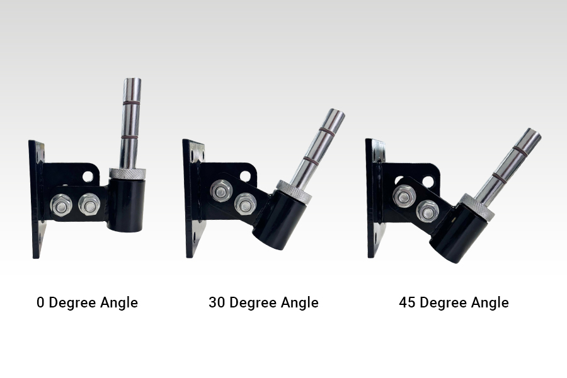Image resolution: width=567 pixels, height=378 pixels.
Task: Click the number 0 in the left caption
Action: click(x=40, y=302)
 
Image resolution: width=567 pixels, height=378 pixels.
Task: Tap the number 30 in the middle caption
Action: click(x=217, y=302)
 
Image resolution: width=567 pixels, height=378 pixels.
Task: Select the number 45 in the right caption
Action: click(x=407, y=302)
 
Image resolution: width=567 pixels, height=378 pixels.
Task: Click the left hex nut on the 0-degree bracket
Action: click(x=61, y=205)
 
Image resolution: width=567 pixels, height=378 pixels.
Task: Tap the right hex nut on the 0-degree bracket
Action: click(x=89, y=205)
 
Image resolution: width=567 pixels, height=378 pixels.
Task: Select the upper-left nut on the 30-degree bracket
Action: click(x=221, y=191)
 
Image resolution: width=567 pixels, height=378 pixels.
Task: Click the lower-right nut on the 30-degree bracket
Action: click(x=246, y=203)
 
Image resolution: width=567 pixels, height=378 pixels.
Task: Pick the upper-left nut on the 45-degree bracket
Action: click(x=404, y=197)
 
